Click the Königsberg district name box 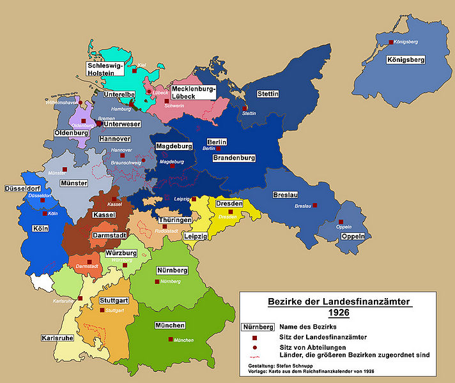point(405,61)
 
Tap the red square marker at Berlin point(219,148)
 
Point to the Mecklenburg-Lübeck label point(193,93)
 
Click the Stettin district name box point(268,94)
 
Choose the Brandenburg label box point(234,158)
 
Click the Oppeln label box point(353,236)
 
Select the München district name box point(169,326)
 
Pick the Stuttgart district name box point(114,300)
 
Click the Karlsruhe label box point(56,338)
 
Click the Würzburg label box point(121,253)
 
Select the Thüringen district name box point(175,220)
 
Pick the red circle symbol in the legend point(254,347)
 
